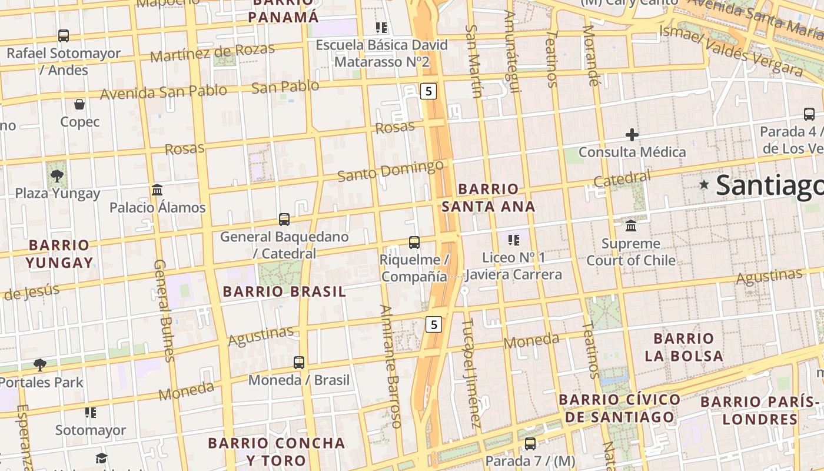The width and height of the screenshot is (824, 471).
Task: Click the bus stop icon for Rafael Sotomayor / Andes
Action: click(x=64, y=36)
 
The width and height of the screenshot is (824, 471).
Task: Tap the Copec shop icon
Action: click(x=79, y=105)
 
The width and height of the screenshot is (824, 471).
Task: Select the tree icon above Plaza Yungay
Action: click(x=57, y=175)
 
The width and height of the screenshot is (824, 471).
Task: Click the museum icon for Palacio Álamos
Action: click(x=157, y=190)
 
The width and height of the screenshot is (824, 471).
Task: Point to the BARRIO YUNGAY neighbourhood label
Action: click(x=59, y=254)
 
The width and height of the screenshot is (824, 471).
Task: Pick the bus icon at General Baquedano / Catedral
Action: click(x=284, y=220)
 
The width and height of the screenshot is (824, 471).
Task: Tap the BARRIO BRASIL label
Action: click(x=284, y=291)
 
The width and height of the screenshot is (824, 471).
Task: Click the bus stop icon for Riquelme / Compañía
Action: click(x=414, y=242)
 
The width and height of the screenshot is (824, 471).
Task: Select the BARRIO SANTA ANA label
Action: click(x=489, y=198)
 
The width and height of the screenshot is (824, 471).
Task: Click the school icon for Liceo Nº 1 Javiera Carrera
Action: click(x=514, y=240)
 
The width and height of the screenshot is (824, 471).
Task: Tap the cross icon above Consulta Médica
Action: click(x=632, y=135)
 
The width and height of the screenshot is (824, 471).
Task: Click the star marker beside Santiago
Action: click(x=704, y=185)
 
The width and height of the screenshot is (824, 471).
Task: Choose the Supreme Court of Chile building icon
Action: click(x=631, y=226)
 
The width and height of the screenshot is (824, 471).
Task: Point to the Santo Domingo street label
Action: click(x=390, y=171)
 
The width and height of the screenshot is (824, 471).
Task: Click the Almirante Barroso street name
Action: click(x=391, y=366)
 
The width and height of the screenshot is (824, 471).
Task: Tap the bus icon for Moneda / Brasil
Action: click(x=299, y=362)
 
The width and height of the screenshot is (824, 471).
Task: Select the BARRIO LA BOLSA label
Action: click(x=683, y=347)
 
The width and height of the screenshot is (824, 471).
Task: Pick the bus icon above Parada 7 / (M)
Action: click(x=530, y=443)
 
